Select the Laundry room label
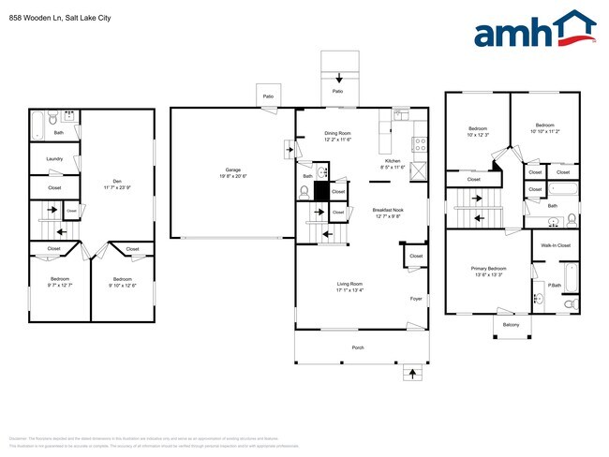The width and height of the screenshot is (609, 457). (54, 160)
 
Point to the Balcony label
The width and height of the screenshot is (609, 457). (510, 325)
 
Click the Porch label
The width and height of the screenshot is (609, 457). (357, 347)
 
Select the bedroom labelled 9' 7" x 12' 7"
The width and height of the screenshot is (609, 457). (59, 282)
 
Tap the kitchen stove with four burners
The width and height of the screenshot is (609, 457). (421, 145)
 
